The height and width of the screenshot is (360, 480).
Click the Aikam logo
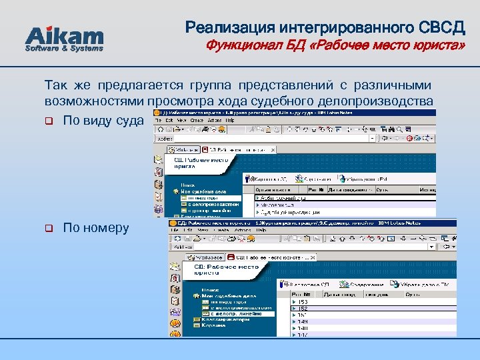[64, 37]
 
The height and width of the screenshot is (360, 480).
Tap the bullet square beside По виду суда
[49, 121]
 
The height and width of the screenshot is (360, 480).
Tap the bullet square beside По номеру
[49, 229]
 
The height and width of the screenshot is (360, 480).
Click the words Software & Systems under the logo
[64, 49]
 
